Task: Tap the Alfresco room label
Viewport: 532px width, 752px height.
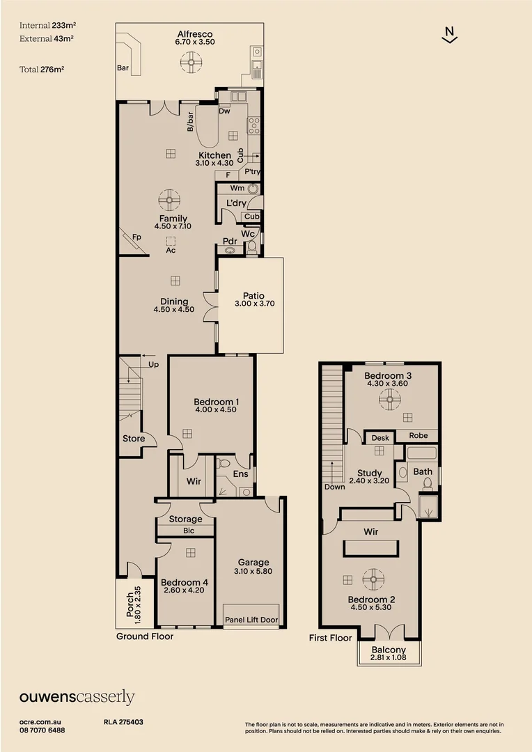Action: [x=194, y=33]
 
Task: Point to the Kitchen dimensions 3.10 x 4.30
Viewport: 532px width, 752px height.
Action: [x=214, y=163]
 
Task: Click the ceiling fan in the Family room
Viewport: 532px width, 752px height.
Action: [x=169, y=201]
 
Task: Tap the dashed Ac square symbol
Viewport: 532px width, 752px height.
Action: [x=170, y=241]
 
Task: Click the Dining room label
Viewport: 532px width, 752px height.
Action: [x=174, y=301]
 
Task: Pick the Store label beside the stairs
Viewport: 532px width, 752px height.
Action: [x=134, y=439]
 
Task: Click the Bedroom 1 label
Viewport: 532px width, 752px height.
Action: [x=217, y=402]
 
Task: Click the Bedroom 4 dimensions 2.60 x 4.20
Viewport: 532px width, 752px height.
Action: [x=185, y=590]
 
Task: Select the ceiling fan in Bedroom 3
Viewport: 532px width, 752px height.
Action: [x=389, y=398]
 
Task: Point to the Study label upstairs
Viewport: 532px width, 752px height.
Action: [x=369, y=473]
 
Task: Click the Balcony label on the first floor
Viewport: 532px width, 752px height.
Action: [x=389, y=649]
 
